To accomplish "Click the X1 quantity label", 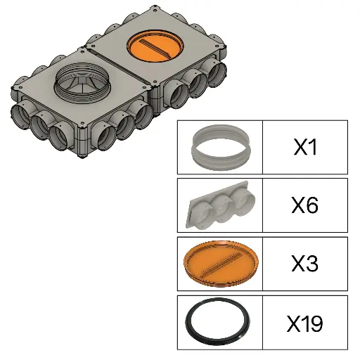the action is click(305, 147).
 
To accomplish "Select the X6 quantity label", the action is click(305, 205).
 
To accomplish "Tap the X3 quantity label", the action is click(305, 264).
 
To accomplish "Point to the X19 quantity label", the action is click(305, 323).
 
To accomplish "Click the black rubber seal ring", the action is click(188, 321).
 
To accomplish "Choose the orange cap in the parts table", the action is click(221, 263).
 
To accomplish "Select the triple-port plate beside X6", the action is click(220, 206).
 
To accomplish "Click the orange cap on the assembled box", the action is click(155, 46).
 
